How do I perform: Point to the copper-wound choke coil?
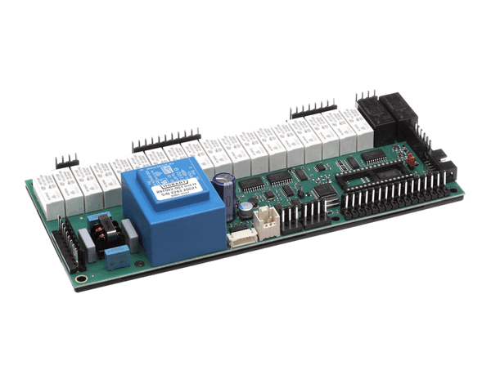click(x=104, y=233)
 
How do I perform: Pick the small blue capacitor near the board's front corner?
click(x=116, y=257)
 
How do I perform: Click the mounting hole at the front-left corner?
click(x=78, y=278)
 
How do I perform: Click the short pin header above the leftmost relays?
click(x=66, y=161)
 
